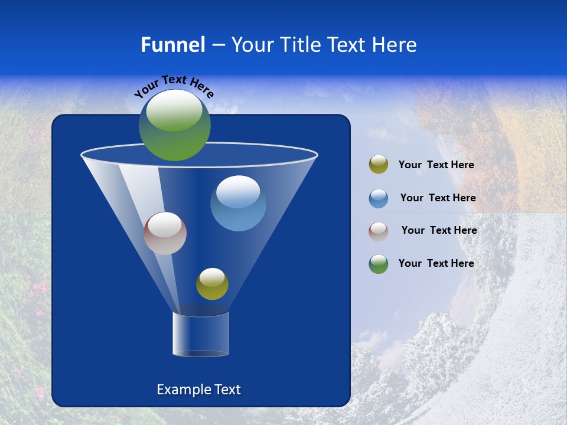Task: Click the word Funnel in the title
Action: [x=172, y=45]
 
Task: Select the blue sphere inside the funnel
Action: [x=238, y=204]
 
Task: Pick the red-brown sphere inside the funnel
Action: [x=165, y=234]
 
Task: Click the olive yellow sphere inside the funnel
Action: [x=212, y=284]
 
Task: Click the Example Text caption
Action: [x=198, y=390]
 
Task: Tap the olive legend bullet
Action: [x=379, y=165]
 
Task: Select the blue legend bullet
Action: [x=379, y=198]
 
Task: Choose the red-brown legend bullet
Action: [x=379, y=231]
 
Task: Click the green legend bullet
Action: [x=379, y=264]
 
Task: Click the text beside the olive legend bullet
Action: [x=436, y=165]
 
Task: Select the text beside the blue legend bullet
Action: [x=438, y=198]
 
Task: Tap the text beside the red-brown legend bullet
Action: [x=439, y=230]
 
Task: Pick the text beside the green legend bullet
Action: [x=436, y=263]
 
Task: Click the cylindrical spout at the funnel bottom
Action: [x=200, y=334]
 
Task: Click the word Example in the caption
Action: [x=182, y=390]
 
